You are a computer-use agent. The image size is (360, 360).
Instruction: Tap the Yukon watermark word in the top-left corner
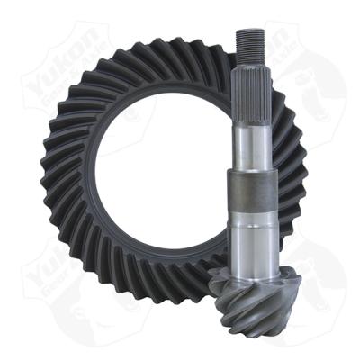[49, 58]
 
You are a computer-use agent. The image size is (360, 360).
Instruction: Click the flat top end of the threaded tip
[249, 32]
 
